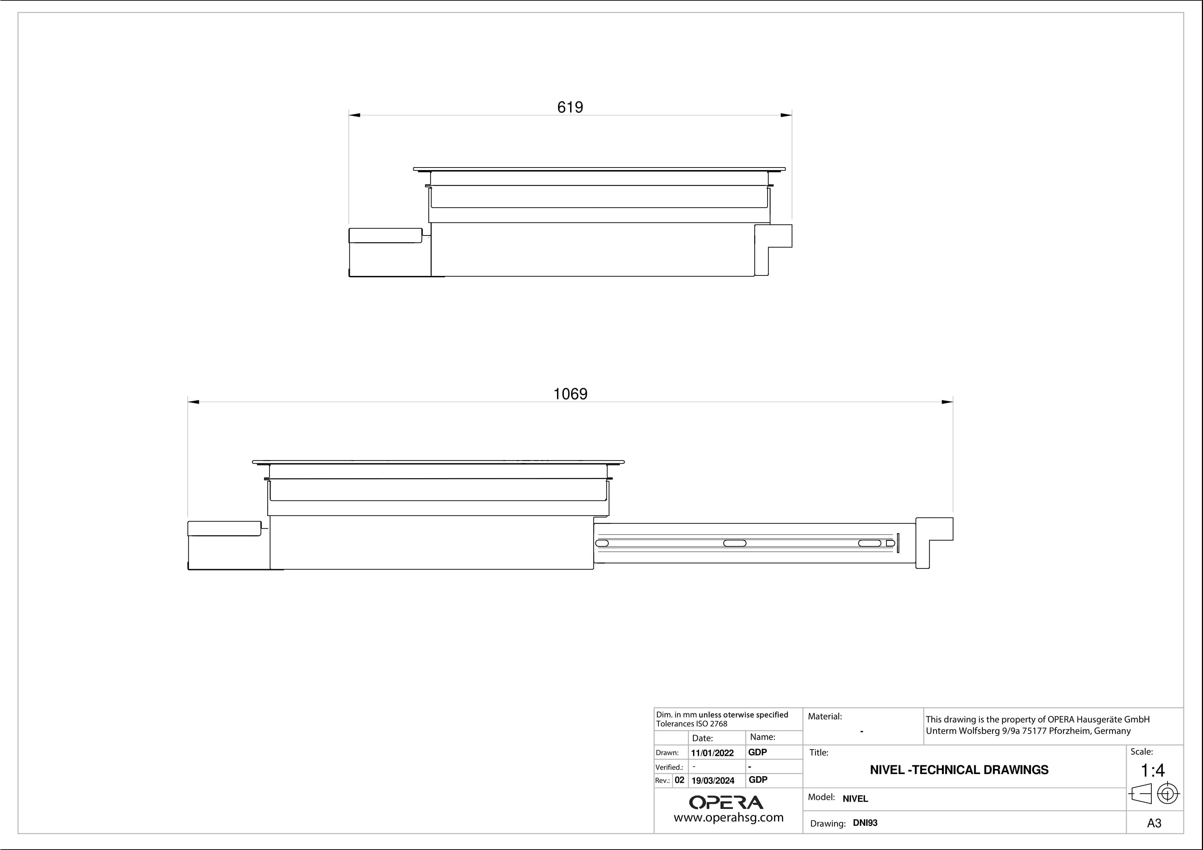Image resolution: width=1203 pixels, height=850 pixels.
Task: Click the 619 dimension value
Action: pyautogui.click(x=570, y=107)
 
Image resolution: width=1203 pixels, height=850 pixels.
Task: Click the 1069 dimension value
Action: pyautogui.click(x=570, y=394)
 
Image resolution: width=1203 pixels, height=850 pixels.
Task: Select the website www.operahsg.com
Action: pyautogui.click(x=728, y=818)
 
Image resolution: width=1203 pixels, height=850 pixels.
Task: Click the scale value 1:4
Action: pyautogui.click(x=1153, y=770)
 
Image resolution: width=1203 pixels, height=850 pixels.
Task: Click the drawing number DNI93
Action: pyautogui.click(x=865, y=823)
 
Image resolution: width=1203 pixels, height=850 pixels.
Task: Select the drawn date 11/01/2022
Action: pyautogui.click(x=712, y=753)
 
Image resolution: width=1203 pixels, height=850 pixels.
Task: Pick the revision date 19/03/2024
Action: pyautogui.click(x=713, y=780)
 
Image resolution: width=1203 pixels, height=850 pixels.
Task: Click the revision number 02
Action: pyautogui.click(x=679, y=780)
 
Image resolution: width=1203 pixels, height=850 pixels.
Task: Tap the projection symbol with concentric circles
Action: pyautogui.click(x=1167, y=793)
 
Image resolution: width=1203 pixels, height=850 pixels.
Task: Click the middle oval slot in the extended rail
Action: pyautogui.click(x=735, y=543)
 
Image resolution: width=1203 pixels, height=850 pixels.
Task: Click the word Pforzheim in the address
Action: pyautogui.click(x=1069, y=730)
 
